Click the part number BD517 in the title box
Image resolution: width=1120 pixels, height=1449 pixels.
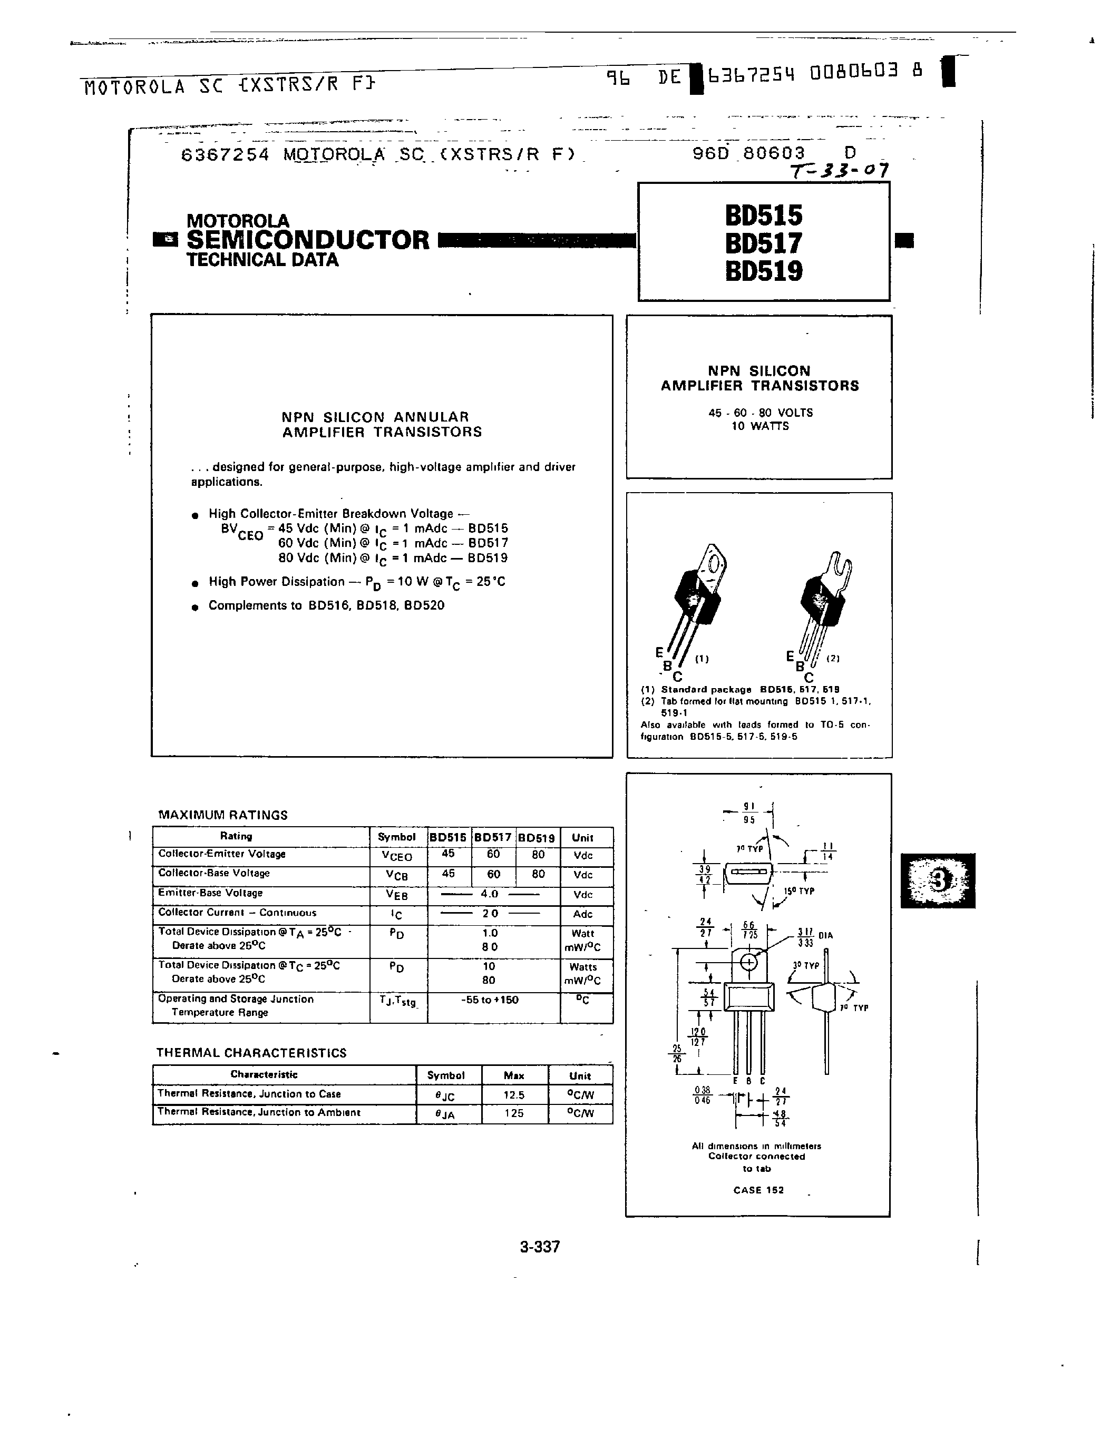(x=763, y=243)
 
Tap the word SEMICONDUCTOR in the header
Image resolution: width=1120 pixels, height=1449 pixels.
(x=308, y=240)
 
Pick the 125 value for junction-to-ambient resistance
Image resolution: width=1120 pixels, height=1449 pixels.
(x=513, y=1113)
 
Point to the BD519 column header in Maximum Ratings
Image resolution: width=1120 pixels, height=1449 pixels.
(x=537, y=837)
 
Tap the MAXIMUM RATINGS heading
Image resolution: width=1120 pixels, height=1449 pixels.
(x=222, y=815)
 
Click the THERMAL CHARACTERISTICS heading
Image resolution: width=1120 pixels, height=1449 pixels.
(x=251, y=1053)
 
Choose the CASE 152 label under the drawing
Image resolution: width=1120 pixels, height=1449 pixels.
(x=758, y=1190)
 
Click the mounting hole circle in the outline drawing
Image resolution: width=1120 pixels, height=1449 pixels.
(x=748, y=962)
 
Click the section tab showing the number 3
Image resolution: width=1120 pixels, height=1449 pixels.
(x=938, y=880)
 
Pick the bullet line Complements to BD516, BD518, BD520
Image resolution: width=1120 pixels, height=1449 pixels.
(x=326, y=605)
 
